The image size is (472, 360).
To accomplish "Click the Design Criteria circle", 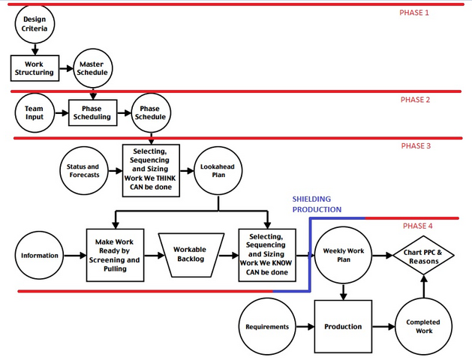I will [x=35, y=24].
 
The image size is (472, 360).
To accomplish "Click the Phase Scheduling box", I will [x=92, y=112].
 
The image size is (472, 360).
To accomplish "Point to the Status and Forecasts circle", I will [x=83, y=171].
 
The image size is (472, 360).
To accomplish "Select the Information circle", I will [x=40, y=256].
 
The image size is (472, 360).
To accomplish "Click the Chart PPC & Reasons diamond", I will [x=424, y=256].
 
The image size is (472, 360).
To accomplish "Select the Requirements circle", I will [x=267, y=327].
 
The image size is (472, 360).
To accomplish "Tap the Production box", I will [x=342, y=327].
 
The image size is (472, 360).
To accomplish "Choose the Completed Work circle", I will [x=423, y=327].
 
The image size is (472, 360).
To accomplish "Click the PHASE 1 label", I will [x=415, y=13].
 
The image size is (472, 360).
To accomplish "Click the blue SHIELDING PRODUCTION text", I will [x=317, y=204].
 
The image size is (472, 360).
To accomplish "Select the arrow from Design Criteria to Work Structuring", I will [x=35, y=49].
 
